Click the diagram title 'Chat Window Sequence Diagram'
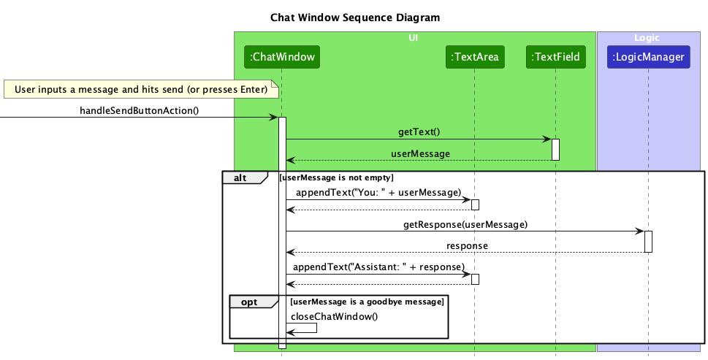point(355,17)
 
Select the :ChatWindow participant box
point(282,56)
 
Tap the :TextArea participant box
point(475,56)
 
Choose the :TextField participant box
point(555,56)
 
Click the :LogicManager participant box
point(648,56)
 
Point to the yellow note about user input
point(141,90)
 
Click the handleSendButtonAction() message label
point(139,111)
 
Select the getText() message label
point(419,133)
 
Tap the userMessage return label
point(420,154)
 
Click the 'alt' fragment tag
point(239,177)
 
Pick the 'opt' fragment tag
point(248,302)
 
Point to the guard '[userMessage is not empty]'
point(337,177)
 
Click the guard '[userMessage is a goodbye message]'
point(366,302)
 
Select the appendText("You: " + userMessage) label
point(378,193)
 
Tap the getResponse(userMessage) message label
point(465,224)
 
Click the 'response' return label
point(468,245)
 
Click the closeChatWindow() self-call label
point(335,316)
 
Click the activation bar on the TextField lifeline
point(555,149)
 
